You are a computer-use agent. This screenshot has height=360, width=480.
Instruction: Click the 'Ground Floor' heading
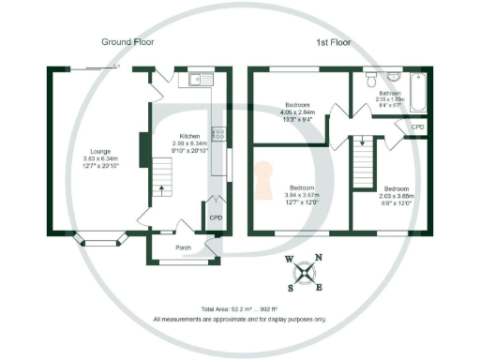coord(128,42)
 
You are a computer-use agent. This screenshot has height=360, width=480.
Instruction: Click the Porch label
coord(183,248)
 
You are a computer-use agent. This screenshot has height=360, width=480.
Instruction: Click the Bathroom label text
coord(390,94)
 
